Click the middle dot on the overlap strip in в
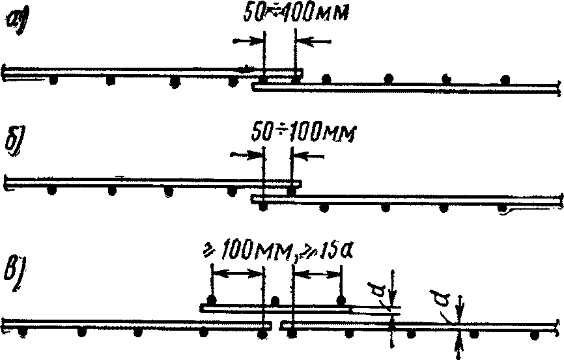[275, 301]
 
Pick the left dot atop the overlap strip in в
[211, 300]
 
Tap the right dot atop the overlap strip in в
[340, 300]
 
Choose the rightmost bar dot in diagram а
[505, 80]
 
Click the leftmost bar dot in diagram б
[51, 192]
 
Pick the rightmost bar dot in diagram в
[535, 335]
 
